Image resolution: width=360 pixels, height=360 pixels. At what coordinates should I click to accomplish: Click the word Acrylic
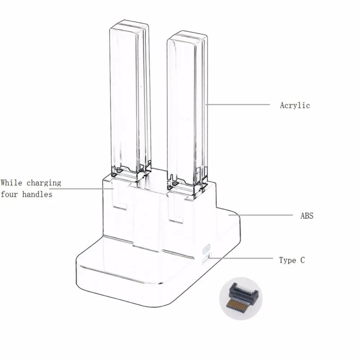295,105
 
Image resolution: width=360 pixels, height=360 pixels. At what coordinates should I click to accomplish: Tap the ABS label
307,216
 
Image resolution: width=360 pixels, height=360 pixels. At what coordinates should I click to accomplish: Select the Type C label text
292,260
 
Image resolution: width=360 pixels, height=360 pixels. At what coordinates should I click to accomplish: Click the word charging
44,183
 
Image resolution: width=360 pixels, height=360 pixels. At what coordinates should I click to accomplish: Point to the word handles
37,194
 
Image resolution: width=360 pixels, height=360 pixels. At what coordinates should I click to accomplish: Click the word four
9,194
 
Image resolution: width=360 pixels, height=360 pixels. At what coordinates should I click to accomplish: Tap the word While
12,183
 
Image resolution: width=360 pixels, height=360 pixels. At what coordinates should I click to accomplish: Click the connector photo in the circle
240,298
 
